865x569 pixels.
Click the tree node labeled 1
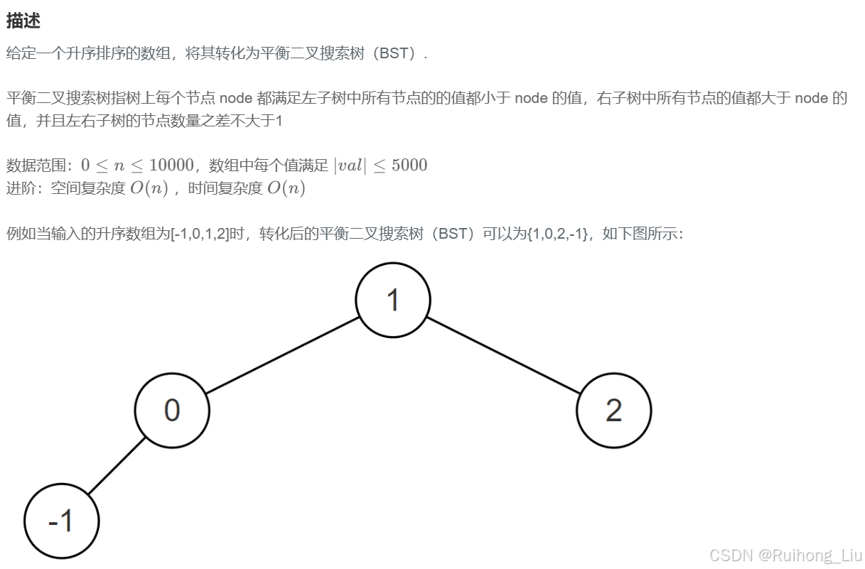(x=393, y=300)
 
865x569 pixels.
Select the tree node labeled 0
(x=172, y=411)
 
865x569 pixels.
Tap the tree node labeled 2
(x=613, y=411)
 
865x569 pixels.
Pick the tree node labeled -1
(x=61, y=521)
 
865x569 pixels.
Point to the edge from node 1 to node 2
(x=503, y=355)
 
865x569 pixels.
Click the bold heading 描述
(x=23, y=21)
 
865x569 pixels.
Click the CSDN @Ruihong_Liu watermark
(x=785, y=555)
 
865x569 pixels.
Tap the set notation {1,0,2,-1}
(x=557, y=234)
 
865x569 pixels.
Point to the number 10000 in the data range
(x=171, y=166)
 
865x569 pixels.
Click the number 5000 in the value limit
(x=409, y=166)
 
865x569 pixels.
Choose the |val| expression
(x=350, y=166)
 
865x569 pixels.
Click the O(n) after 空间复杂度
(x=149, y=188)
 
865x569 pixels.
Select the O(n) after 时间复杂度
(x=286, y=188)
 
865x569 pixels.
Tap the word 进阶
(x=21, y=188)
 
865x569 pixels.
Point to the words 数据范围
(x=36, y=166)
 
